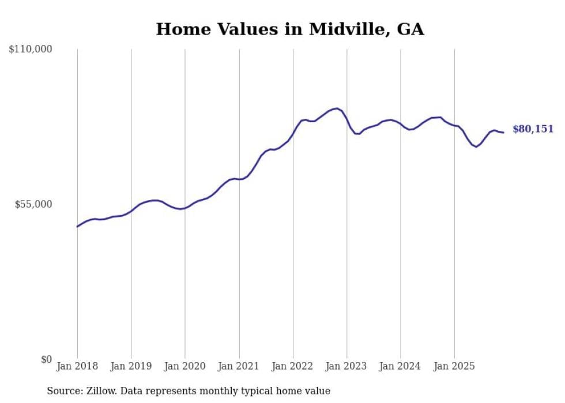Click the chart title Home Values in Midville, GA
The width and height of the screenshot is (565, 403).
[290, 29]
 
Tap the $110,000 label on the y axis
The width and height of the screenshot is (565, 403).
[31, 50]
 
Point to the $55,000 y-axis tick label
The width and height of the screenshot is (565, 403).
[33, 204]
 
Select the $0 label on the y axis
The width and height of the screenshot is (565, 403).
[46, 359]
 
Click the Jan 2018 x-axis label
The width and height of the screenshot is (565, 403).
[77, 366]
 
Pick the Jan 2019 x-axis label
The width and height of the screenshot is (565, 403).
[131, 366]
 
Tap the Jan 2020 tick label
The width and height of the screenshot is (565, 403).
[185, 366]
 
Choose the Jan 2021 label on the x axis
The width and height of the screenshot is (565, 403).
[239, 366]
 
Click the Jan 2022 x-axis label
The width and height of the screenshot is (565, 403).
[293, 366]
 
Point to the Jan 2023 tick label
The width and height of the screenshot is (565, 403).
[346, 366]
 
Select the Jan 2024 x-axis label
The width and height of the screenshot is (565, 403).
[401, 366]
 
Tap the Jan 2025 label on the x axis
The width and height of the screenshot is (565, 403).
[454, 366]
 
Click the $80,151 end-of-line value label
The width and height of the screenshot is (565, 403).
[533, 129]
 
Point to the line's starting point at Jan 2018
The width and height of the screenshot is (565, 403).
[77, 227]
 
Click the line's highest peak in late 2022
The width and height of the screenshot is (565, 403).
[337, 108]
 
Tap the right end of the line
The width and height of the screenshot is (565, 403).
[503, 133]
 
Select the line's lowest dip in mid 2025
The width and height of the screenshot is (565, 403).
[476, 147]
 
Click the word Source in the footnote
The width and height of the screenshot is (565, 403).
[61, 391]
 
